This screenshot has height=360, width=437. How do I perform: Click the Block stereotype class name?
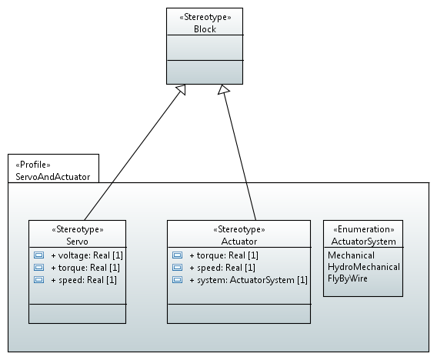tap(205, 29)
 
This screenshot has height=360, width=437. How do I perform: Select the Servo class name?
tap(77, 242)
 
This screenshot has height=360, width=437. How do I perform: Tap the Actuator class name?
tap(239, 242)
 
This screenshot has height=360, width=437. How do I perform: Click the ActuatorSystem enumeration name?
tap(363, 242)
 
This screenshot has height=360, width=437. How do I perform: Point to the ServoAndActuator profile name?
tap(53, 177)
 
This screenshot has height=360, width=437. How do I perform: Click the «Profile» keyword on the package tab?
tap(33, 165)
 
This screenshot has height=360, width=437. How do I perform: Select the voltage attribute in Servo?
tap(87, 255)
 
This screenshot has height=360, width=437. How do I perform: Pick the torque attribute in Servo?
tap(85, 268)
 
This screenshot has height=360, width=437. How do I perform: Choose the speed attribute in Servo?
tap(84, 280)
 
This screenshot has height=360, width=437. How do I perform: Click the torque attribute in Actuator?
tap(224, 255)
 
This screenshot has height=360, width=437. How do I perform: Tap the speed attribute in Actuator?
tap(222, 268)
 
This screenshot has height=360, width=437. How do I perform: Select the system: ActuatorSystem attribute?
tap(249, 280)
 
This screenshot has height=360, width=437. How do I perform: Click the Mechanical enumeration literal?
tap(351, 255)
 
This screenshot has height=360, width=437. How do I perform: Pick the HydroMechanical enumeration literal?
tap(364, 267)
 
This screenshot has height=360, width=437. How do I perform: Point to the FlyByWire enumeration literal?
tap(348, 278)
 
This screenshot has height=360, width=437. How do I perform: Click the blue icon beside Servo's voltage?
tap(38, 255)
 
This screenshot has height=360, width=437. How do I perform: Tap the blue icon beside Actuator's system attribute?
tap(177, 279)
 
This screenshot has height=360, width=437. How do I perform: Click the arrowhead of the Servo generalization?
tap(182, 89)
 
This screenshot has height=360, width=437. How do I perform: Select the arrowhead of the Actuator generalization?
tap(224, 89)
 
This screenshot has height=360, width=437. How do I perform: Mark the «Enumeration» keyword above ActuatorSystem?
tap(364, 229)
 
